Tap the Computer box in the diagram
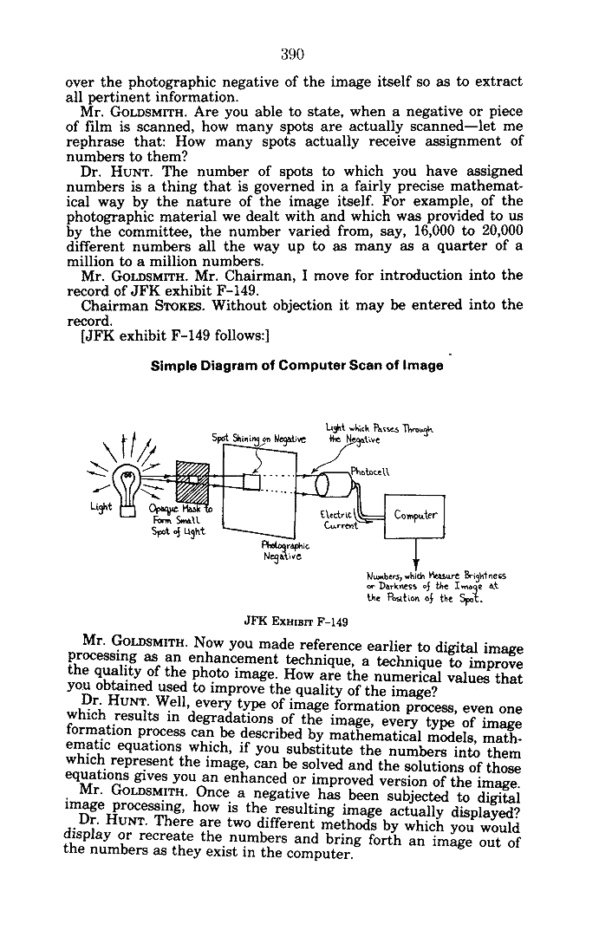(418, 514)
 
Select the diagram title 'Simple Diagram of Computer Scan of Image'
(296, 365)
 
